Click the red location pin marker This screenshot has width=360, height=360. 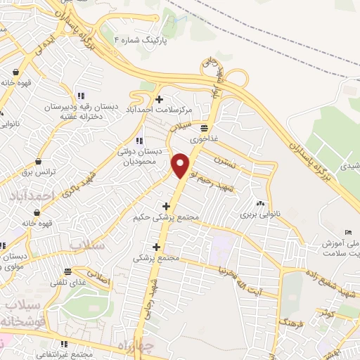181,164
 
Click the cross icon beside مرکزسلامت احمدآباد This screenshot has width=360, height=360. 160,99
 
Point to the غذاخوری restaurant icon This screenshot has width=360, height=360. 204,128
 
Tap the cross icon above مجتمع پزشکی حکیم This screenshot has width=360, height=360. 166,206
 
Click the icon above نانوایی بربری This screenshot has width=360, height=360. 261,203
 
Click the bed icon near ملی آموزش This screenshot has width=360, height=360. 348,233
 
